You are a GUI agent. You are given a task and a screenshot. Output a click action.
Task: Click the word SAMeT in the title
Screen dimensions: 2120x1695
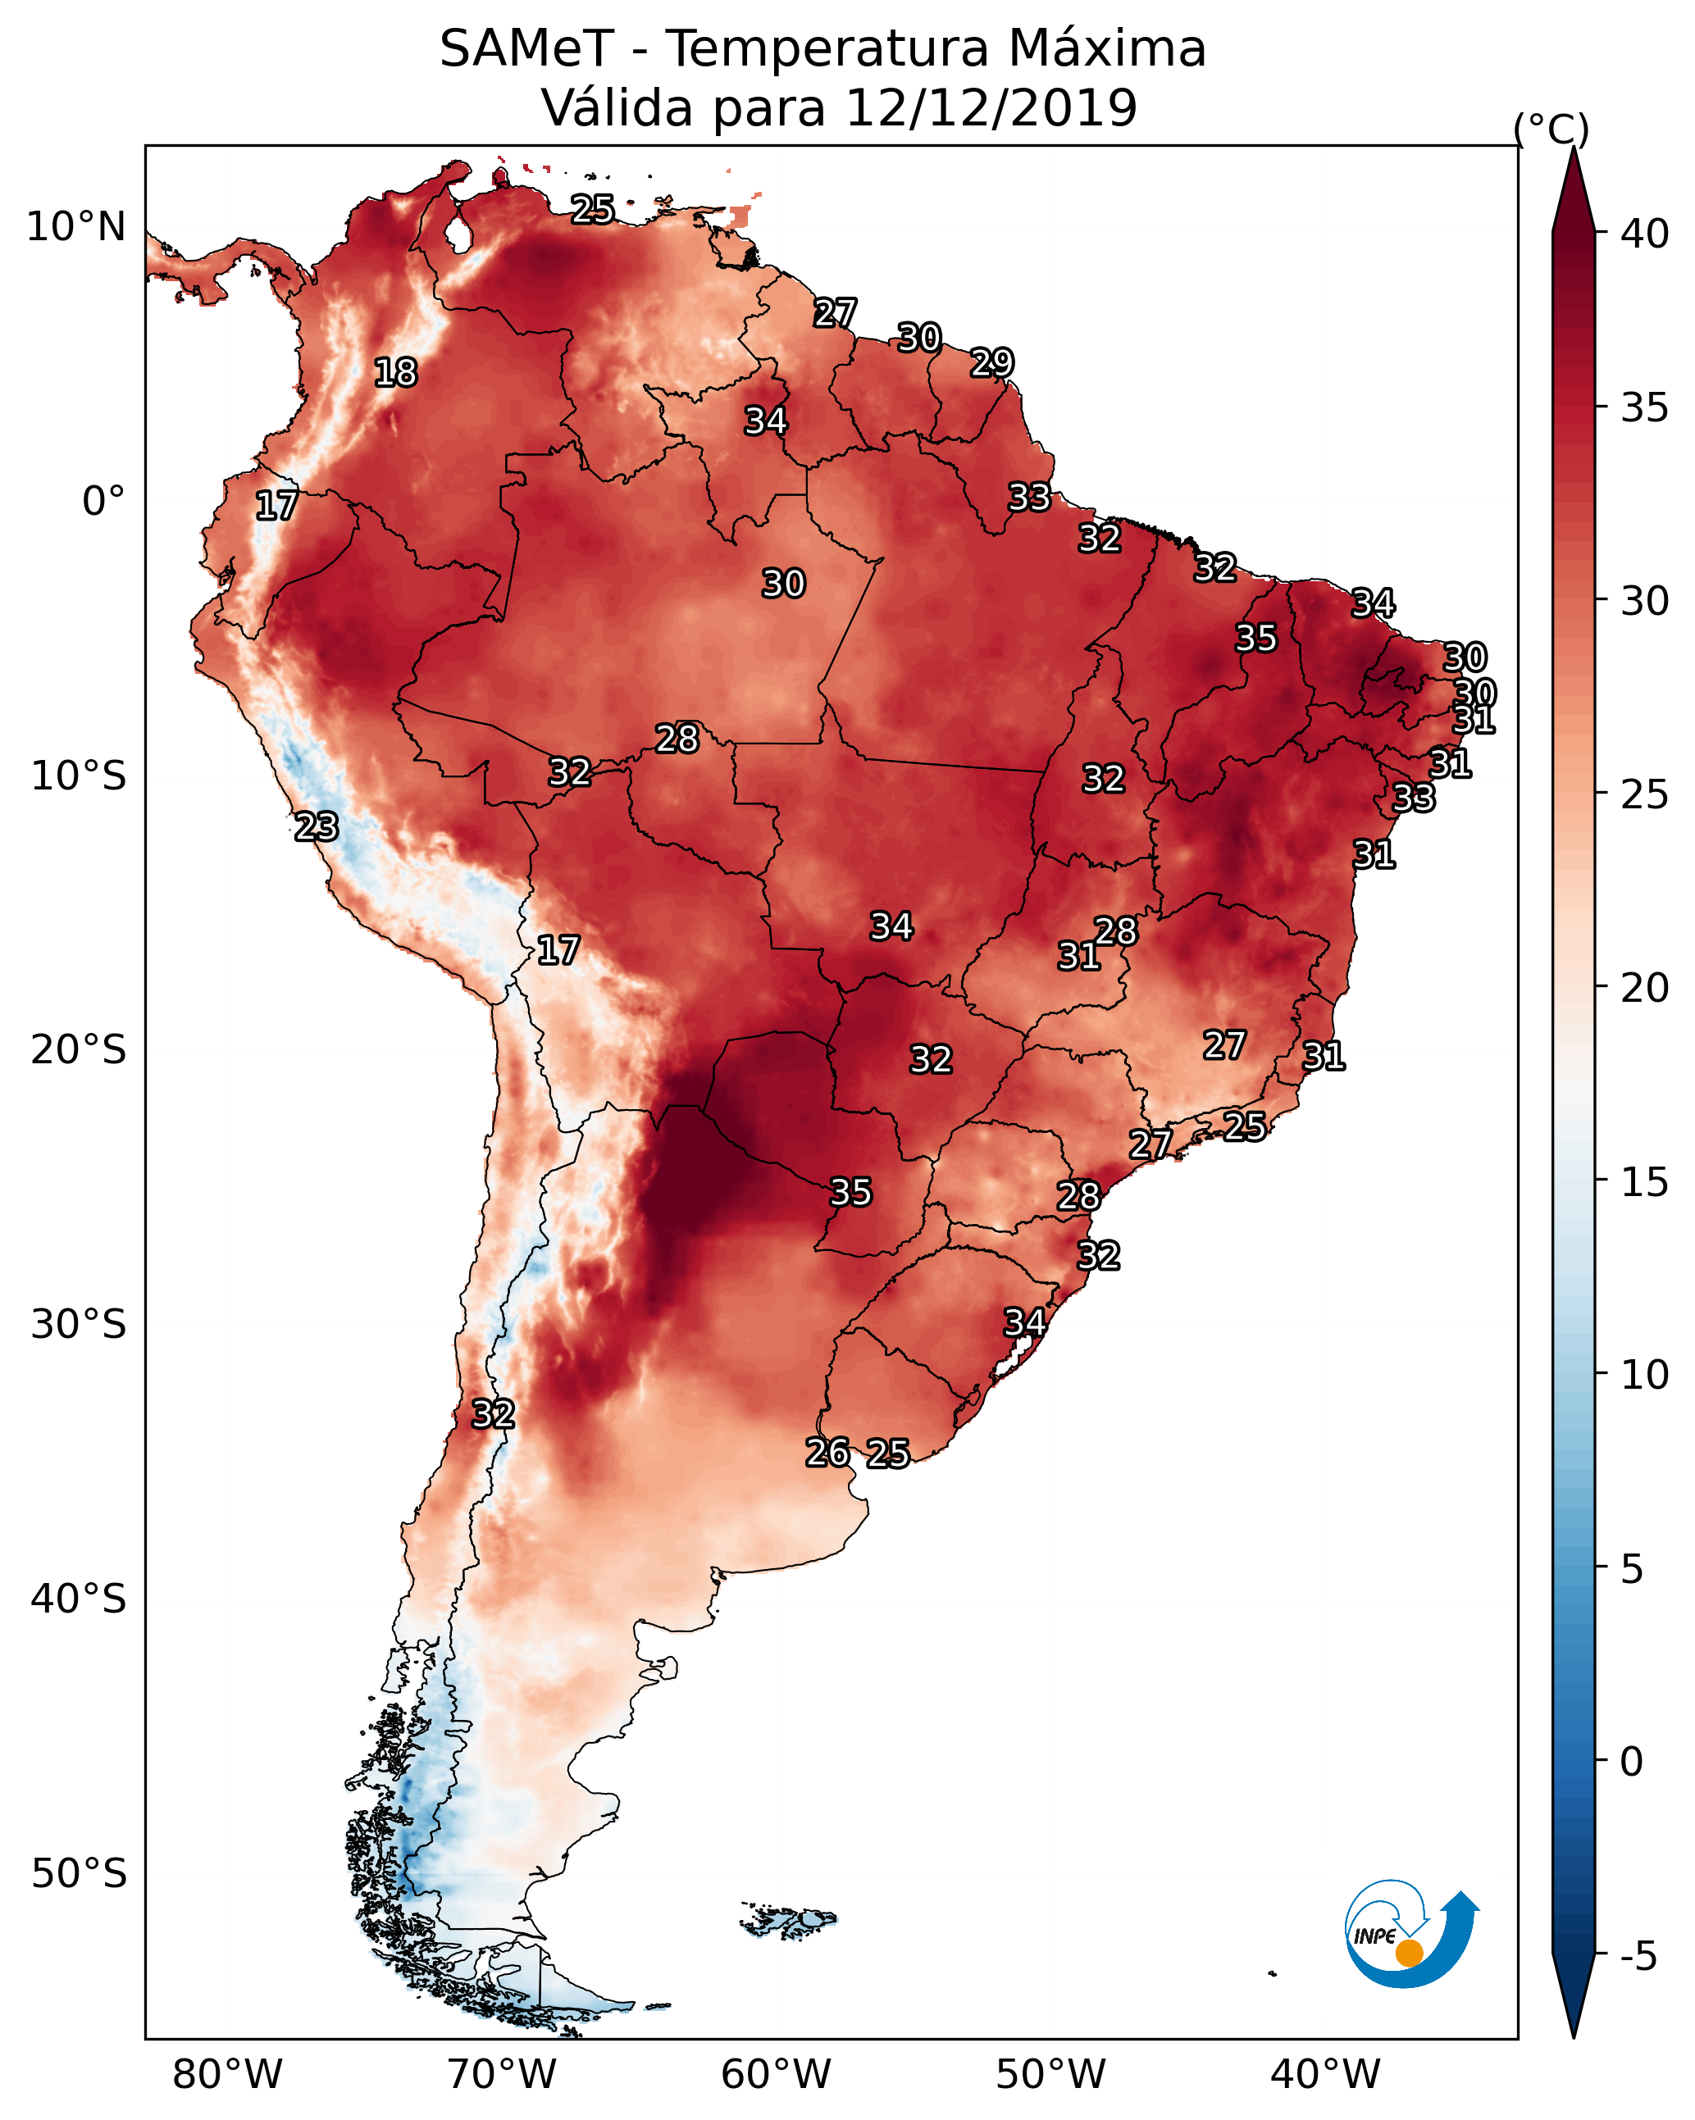(x=526, y=49)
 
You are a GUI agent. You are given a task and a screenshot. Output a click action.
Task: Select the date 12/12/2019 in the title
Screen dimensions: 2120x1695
(x=991, y=108)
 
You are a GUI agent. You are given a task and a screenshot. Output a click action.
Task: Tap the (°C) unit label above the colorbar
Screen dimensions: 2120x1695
(x=1551, y=129)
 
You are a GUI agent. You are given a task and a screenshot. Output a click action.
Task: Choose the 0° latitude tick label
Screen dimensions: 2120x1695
(x=104, y=502)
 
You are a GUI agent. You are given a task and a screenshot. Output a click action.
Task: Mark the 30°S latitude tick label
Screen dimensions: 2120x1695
(x=79, y=1325)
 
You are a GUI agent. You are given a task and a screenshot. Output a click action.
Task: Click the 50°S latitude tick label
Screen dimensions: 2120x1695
(x=79, y=1873)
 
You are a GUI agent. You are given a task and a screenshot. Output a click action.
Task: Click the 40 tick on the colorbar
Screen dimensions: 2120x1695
(x=1645, y=234)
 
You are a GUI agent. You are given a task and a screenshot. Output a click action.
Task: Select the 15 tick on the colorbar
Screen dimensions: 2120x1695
(x=1645, y=1182)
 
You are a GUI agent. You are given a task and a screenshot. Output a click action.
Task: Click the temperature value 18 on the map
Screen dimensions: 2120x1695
(x=395, y=373)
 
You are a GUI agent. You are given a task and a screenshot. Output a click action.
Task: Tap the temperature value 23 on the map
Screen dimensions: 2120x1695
(x=316, y=827)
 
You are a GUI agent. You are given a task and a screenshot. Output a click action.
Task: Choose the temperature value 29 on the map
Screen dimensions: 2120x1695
(x=991, y=363)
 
